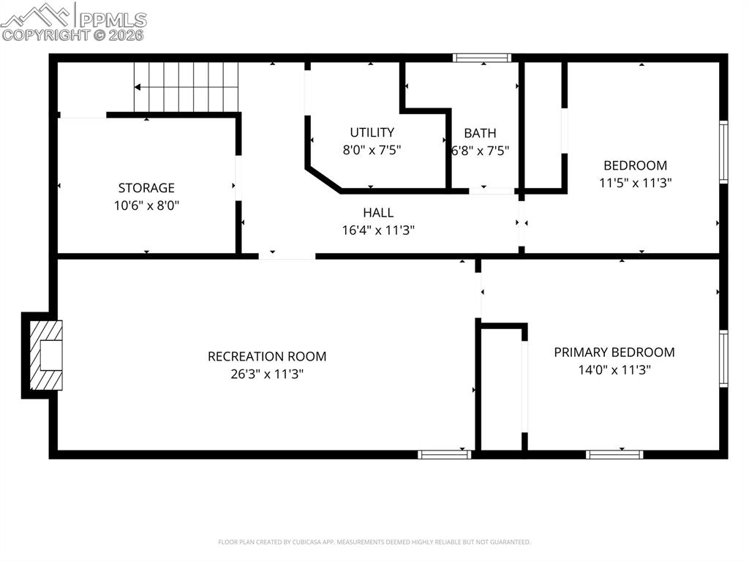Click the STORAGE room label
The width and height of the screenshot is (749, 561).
click(x=146, y=188)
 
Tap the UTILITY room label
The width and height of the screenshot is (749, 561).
click(x=372, y=132)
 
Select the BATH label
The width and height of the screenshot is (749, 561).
click(x=480, y=133)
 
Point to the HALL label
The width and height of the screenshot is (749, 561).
click(x=378, y=213)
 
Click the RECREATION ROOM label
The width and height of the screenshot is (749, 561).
click(x=267, y=356)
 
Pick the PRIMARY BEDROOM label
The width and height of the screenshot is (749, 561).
click(x=614, y=352)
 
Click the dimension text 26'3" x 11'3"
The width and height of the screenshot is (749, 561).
click(x=267, y=374)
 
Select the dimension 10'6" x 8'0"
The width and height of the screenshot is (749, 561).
click(x=146, y=206)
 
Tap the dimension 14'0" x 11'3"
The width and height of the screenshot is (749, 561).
click(x=614, y=369)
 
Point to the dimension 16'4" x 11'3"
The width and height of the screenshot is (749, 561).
click(x=378, y=230)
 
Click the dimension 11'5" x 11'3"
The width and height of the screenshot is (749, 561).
click(x=635, y=183)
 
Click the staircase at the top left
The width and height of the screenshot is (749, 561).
click(x=187, y=87)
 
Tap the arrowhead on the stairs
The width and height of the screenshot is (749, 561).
click(x=138, y=87)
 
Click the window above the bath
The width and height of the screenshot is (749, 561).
click(x=481, y=58)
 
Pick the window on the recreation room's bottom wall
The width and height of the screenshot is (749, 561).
click(x=444, y=454)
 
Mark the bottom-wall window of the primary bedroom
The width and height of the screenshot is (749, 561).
click(x=614, y=454)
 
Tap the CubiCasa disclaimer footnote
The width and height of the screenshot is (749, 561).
click(x=374, y=542)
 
